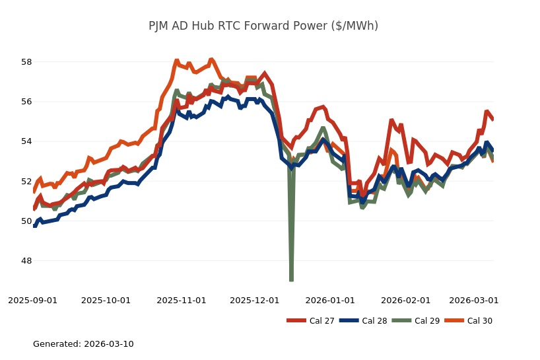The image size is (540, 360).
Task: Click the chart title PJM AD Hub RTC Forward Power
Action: coord(263,26)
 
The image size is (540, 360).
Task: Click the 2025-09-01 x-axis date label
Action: coord(33,301)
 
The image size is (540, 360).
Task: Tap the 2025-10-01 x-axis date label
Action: coord(106,301)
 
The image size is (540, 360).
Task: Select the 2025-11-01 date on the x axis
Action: coord(182,301)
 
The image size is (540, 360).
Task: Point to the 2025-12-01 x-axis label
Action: coord(255,301)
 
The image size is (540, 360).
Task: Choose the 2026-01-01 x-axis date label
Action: coord(330,301)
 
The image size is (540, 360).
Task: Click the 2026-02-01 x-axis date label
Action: coord(405,301)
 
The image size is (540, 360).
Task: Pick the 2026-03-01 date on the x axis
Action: coord(474,301)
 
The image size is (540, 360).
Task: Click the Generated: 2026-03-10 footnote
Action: coord(83,344)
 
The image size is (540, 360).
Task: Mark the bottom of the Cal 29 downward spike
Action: coord(291,280)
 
